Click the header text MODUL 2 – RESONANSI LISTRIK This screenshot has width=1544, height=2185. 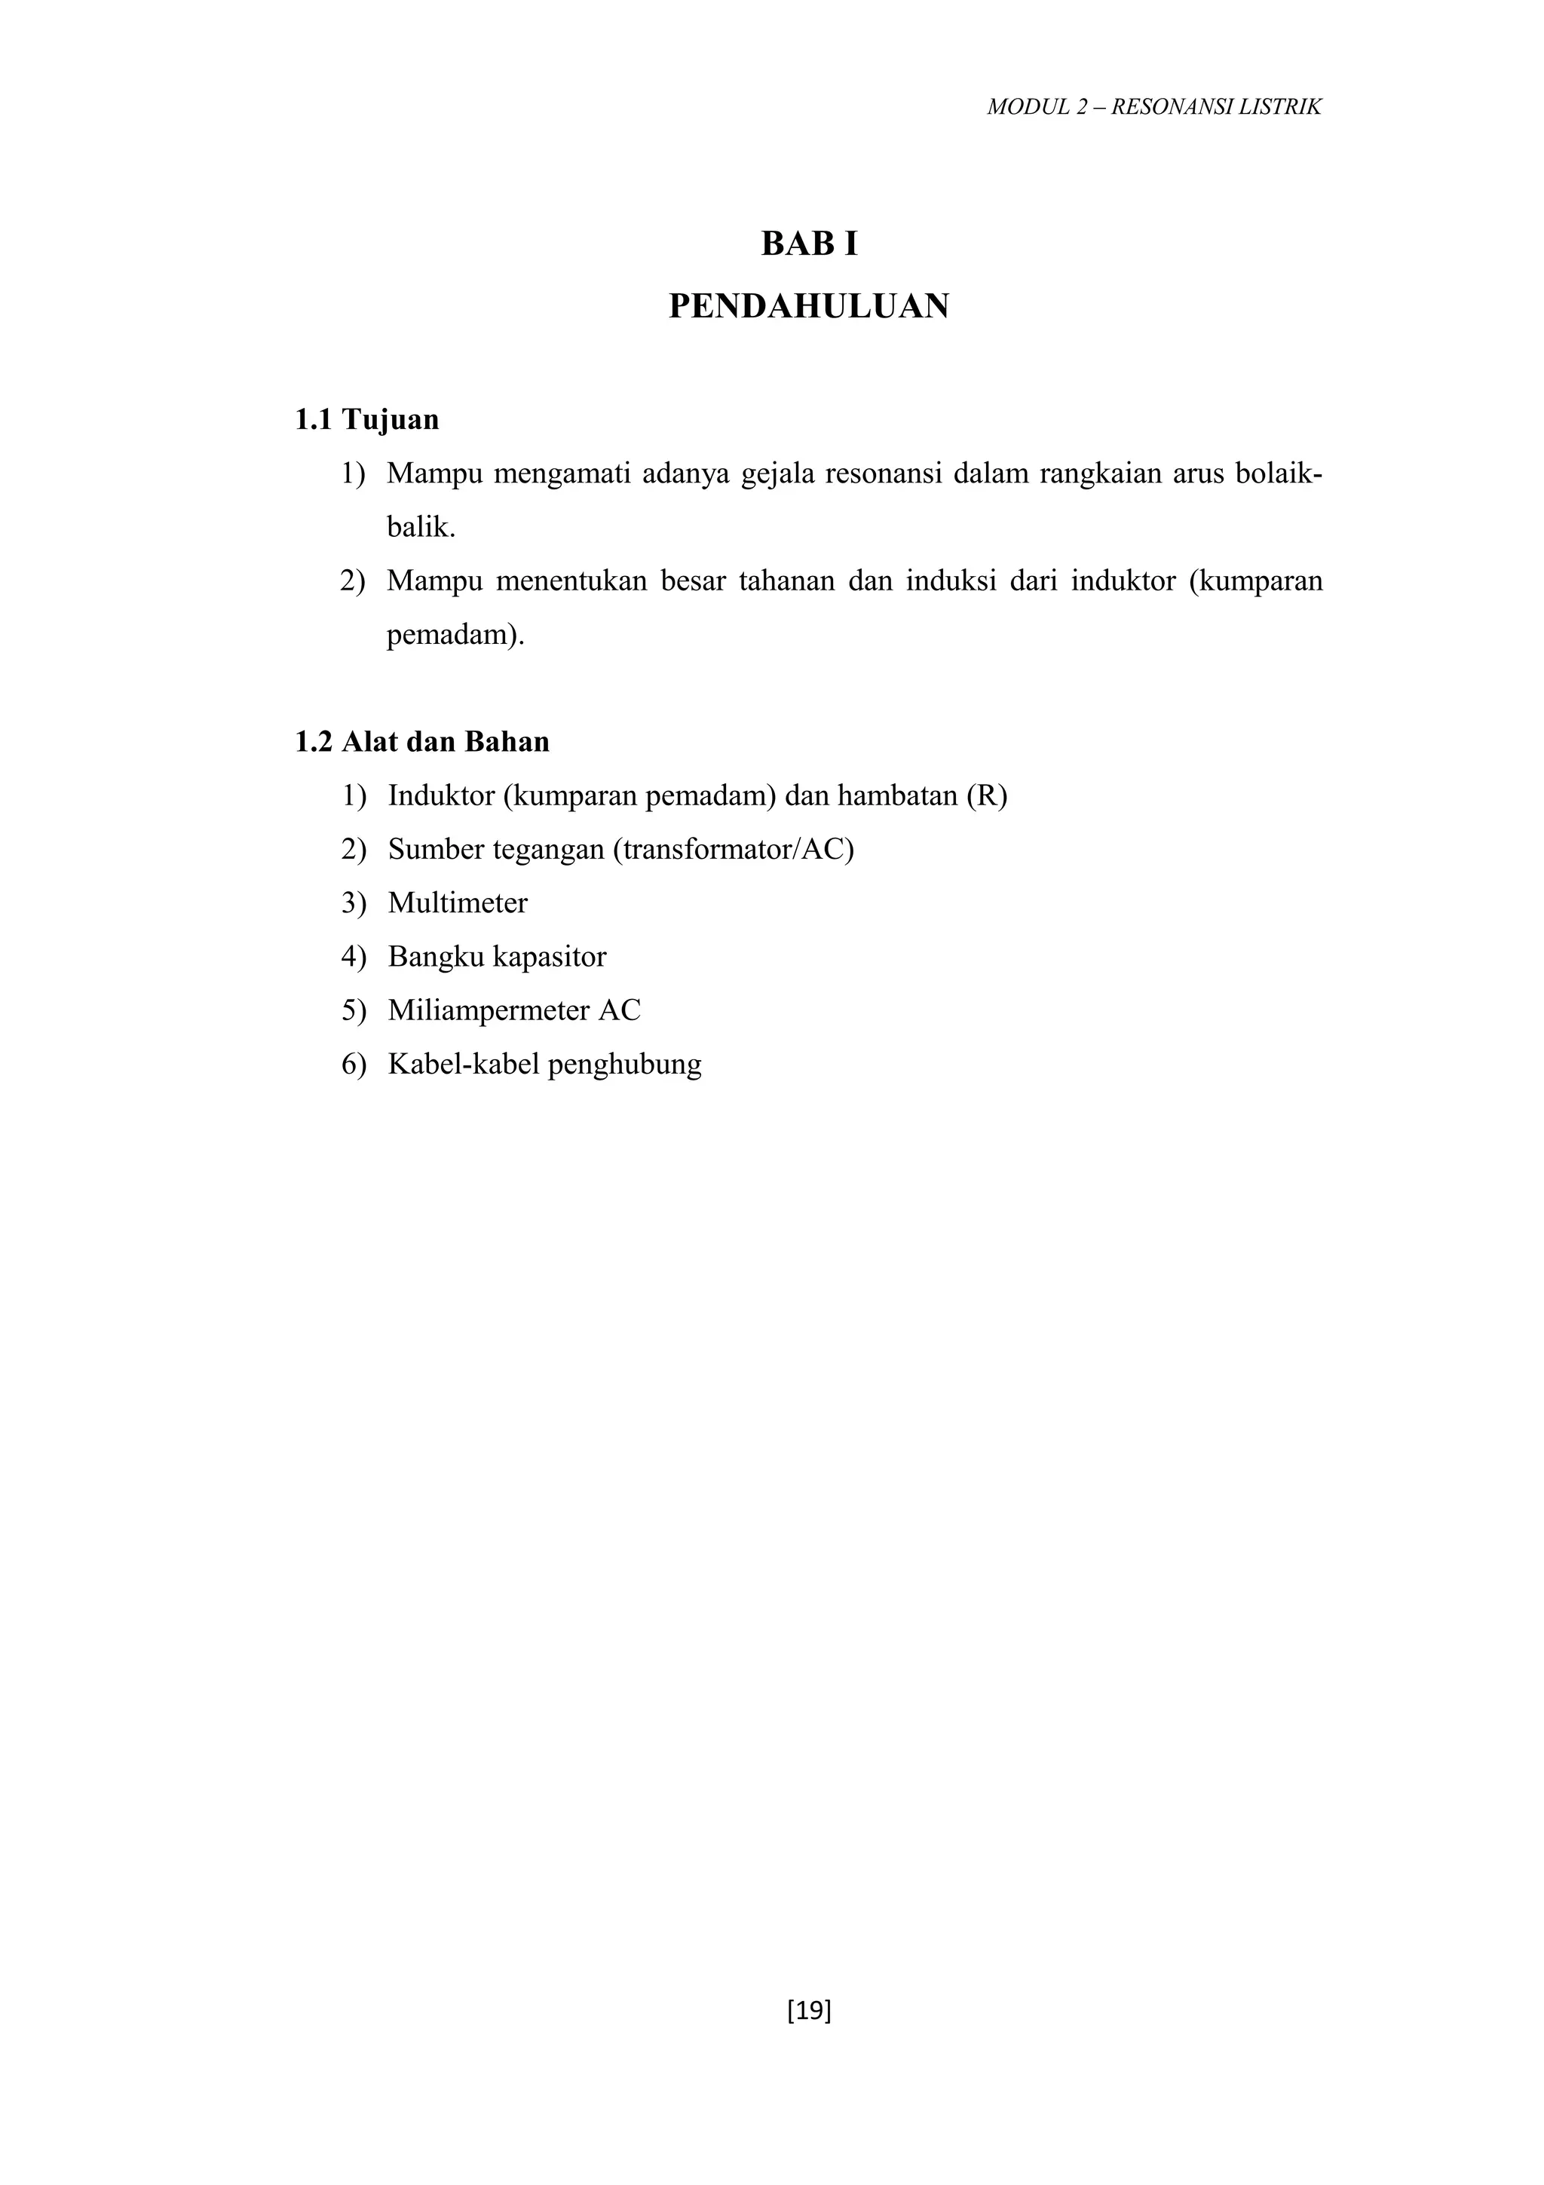(1154, 106)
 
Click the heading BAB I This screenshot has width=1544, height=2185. (809, 244)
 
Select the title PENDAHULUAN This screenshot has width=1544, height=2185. (809, 306)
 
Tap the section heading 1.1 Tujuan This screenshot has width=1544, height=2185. (366, 420)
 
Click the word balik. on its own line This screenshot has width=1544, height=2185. (421, 527)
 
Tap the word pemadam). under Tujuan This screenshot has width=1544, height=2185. (455, 635)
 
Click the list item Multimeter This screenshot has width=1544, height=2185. (458, 902)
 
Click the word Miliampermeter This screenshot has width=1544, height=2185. (487, 1010)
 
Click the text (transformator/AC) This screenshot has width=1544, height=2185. (734, 849)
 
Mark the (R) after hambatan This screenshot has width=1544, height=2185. (987, 795)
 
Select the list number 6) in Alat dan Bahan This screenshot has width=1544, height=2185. (353, 1064)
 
